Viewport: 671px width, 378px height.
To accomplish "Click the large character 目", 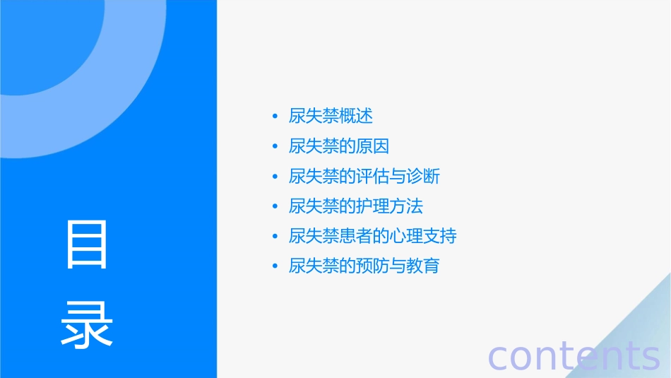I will point(87,244).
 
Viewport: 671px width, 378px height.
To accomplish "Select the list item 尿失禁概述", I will point(331,116).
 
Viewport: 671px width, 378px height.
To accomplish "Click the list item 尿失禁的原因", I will point(339,146).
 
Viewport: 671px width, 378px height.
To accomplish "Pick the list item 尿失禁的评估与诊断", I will point(364,176).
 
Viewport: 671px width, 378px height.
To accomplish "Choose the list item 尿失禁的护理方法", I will point(356,206).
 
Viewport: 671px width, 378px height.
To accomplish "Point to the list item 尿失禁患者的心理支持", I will point(373,236).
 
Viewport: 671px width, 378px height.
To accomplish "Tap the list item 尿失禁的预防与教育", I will point(364,266).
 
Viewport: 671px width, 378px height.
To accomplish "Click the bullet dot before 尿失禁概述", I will point(275,117).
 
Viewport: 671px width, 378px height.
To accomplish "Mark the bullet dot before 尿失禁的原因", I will point(275,146).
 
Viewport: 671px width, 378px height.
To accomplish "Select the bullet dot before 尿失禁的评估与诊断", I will point(275,177).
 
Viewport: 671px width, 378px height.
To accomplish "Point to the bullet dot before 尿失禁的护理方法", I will point(275,206).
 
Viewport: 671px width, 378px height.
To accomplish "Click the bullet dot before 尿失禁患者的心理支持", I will point(275,237).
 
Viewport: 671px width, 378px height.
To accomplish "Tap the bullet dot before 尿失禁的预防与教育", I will point(275,266).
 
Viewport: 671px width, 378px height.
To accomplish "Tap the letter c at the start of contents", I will point(499,357).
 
